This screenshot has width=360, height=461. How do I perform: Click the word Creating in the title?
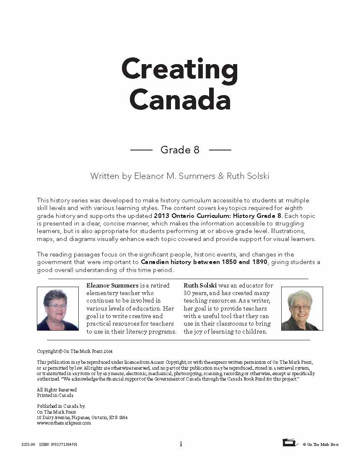(x=180, y=70)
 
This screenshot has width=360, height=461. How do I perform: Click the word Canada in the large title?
(x=180, y=100)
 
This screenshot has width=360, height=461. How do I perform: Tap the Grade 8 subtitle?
(x=180, y=150)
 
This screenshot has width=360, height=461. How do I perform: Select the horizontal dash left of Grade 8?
(x=141, y=150)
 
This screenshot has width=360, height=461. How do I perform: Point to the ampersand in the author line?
(x=220, y=176)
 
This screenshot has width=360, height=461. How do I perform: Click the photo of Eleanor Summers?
(x=58, y=309)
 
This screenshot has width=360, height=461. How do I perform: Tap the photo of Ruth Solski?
(x=302, y=309)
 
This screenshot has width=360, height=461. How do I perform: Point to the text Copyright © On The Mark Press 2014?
(x=75, y=352)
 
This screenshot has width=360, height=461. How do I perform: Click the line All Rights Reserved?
(x=57, y=390)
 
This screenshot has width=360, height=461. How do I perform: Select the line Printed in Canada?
(x=55, y=395)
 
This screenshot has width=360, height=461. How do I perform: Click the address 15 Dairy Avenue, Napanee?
(x=82, y=418)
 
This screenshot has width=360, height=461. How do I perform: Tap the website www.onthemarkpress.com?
(x=64, y=423)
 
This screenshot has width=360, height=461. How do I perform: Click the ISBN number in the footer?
(x=61, y=444)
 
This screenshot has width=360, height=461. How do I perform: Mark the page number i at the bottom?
(x=181, y=444)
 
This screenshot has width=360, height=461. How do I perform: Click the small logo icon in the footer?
(x=290, y=443)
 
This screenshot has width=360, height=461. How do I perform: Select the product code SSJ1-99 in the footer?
(x=28, y=444)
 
